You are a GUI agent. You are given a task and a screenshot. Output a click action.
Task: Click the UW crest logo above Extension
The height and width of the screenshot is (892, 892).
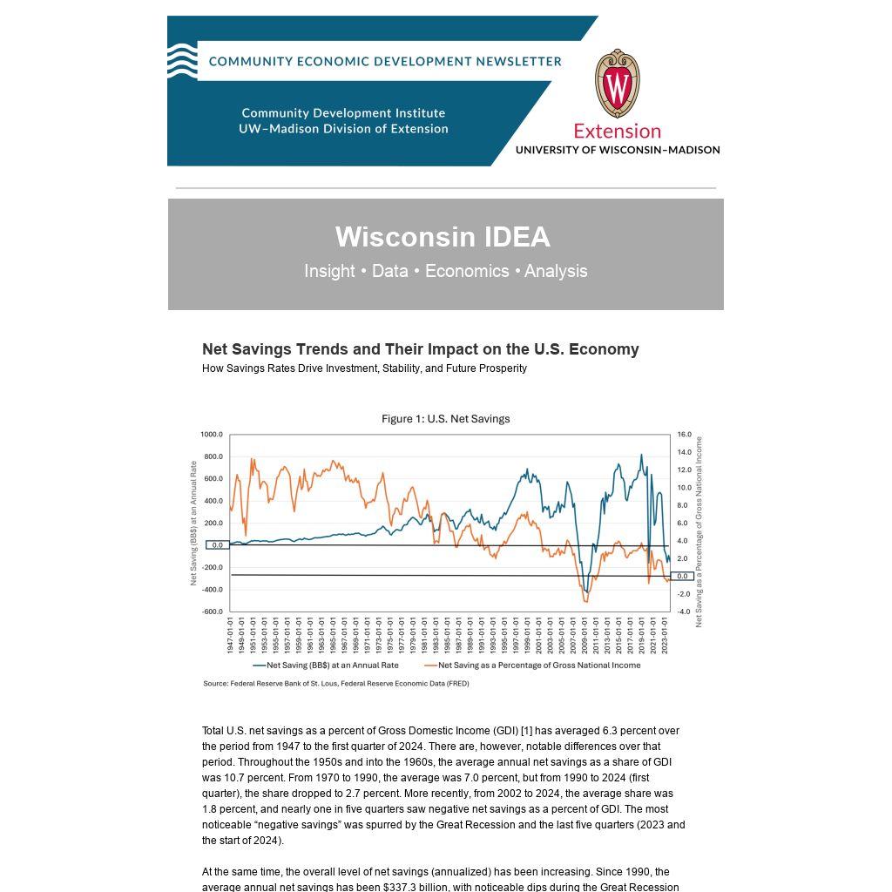pyautogui.click(x=617, y=84)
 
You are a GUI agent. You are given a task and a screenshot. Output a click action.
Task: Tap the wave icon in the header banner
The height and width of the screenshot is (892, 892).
pyautogui.click(x=182, y=61)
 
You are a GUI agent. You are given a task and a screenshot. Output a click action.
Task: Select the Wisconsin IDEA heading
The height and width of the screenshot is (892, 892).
pyautogui.click(x=443, y=237)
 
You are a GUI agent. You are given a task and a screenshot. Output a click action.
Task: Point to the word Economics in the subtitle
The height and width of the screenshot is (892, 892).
pyautogui.click(x=467, y=271)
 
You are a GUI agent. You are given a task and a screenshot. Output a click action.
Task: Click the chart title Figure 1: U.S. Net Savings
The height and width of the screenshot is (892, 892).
pyautogui.click(x=445, y=419)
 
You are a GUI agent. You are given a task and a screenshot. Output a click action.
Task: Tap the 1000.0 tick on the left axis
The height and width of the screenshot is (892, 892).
pyautogui.click(x=212, y=435)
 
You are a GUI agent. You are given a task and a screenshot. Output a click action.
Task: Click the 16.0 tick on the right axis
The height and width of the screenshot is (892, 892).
pyautogui.click(x=684, y=435)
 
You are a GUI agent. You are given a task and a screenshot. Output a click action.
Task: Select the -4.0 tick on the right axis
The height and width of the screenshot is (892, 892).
pyautogui.click(x=684, y=612)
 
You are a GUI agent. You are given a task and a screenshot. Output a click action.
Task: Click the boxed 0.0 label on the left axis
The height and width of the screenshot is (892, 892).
pyautogui.click(x=217, y=545)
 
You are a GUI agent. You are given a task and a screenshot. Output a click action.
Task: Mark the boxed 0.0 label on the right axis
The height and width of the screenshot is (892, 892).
pyautogui.click(x=682, y=577)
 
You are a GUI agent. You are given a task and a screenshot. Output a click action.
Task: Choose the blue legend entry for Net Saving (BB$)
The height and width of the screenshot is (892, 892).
pyautogui.click(x=326, y=666)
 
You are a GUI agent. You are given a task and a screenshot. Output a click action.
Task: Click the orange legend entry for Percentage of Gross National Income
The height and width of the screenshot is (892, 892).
pyautogui.click(x=532, y=666)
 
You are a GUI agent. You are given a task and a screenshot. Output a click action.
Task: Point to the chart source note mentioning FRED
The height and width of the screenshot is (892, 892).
pyautogui.click(x=336, y=684)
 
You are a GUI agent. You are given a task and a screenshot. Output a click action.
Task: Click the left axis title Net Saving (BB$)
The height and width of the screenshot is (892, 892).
pyautogui.click(x=193, y=523)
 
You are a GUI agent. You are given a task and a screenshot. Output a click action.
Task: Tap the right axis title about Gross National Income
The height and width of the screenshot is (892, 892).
pyautogui.click(x=699, y=531)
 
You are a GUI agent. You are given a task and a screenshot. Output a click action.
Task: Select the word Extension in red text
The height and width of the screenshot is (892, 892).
pyautogui.click(x=617, y=132)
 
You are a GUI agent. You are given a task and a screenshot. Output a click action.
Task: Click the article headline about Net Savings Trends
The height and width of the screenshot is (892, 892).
pyautogui.click(x=421, y=349)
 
